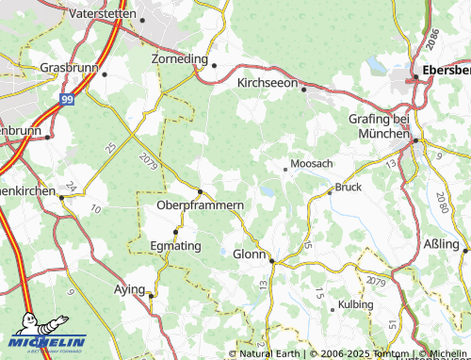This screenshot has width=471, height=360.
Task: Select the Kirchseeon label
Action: pyautogui.click(x=266, y=84)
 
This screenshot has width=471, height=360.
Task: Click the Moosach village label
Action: pyautogui.click(x=312, y=164)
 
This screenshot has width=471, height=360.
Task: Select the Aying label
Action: pyautogui.click(x=128, y=288)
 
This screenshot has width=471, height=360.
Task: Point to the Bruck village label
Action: pyautogui.click(x=349, y=187)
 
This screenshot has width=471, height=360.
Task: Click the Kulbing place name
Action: pyautogui.click(x=355, y=305)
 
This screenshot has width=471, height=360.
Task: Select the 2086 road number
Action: pyautogui.click(x=431, y=39)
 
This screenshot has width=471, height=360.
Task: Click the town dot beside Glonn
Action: pyautogui.click(x=271, y=260)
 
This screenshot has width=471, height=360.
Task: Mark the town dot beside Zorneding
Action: pyautogui.click(x=214, y=64)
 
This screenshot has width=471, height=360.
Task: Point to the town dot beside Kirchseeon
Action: pyautogui.click(x=304, y=89)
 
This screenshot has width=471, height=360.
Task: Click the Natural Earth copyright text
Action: pyautogui.click(x=270, y=353)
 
